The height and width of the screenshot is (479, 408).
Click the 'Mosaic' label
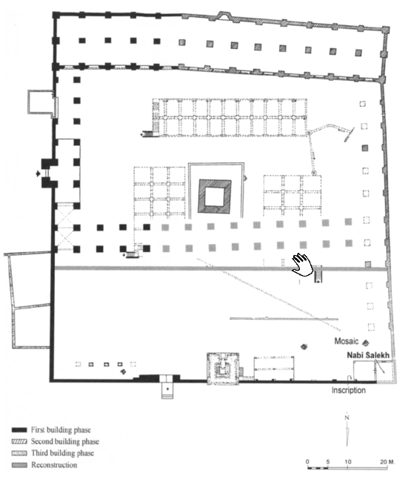[x=346, y=341]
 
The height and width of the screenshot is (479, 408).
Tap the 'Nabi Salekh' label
[x=368, y=355]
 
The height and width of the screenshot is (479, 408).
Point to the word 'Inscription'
[x=349, y=390]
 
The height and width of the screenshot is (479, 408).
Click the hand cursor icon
[x=302, y=265]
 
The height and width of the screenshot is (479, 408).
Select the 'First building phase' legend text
[x=61, y=430]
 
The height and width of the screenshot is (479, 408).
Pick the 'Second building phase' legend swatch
[x=19, y=442]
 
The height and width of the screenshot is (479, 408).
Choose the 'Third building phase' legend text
[x=62, y=453]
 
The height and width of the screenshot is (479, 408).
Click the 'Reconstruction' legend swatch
[x=19, y=465]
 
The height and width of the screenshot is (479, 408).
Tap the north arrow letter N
[x=347, y=417]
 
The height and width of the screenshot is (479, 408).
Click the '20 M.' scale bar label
[x=387, y=462]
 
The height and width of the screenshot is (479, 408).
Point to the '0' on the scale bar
[x=307, y=462]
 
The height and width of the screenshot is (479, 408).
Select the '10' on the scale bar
[x=348, y=462]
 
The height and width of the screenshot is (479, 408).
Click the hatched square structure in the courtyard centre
[x=215, y=196]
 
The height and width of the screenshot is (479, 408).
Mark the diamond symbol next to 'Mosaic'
[x=365, y=343]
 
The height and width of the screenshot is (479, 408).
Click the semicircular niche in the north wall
[x=224, y=15]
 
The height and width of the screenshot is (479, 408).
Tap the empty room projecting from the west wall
[x=41, y=102]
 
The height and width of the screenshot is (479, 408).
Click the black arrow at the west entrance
[x=38, y=174]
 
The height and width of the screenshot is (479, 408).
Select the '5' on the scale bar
[x=328, y=462]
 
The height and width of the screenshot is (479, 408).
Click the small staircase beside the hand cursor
[x=318, y=274]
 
